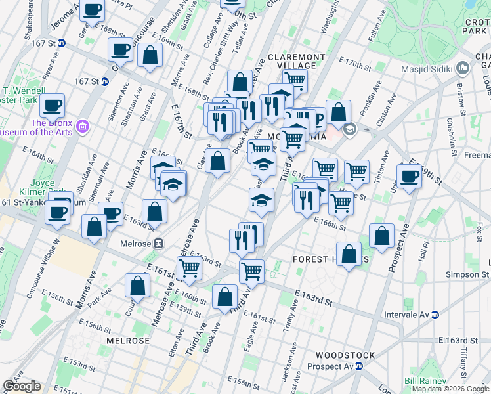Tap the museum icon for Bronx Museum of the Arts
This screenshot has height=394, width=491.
(82, 125)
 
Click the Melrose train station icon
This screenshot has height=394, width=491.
(158, 243)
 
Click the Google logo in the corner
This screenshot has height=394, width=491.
(22, 386)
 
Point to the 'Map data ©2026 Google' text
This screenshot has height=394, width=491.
(450, 389)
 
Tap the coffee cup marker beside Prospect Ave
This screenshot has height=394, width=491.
(409, 177)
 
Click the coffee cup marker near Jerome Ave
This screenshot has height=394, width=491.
(93, 10)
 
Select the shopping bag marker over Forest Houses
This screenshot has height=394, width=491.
(349, 253)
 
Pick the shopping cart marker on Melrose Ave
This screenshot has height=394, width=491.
(189, 267)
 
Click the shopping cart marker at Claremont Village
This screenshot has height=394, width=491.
(295, 80)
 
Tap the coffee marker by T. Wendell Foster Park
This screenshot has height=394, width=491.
(52, 104)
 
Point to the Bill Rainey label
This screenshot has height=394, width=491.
(426, 381)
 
